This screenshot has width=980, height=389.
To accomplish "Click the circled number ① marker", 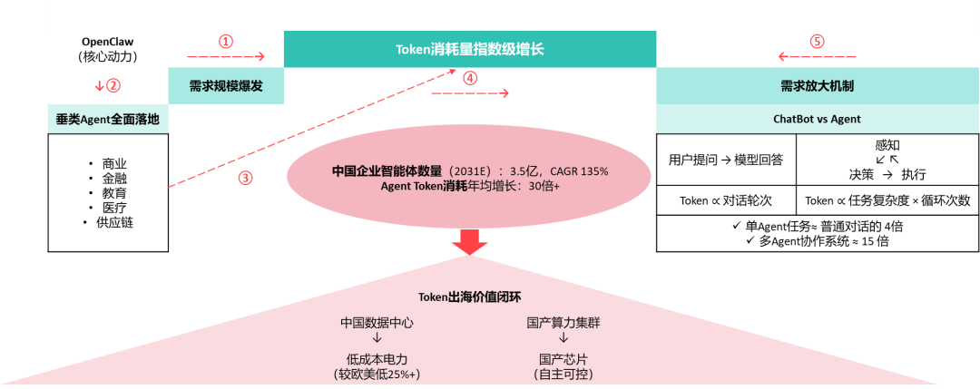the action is (226, 41).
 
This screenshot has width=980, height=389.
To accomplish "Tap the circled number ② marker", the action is (113, 85).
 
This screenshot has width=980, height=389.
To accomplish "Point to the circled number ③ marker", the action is (246, 178).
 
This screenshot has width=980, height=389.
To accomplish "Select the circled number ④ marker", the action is (470, 78).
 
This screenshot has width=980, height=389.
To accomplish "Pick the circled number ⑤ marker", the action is (817, 41).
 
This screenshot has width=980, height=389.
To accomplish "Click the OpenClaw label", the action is (108, 42).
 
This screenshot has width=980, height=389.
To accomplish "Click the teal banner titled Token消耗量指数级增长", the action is (470, 49).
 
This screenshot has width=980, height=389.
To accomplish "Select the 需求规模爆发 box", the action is (226, 86).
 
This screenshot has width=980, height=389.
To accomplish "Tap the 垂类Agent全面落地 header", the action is (108, 120).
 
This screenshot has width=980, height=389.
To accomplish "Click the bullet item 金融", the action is (114, 179).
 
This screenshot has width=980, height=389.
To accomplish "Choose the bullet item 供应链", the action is (114, 222).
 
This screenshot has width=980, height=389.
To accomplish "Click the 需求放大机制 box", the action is (817, 86).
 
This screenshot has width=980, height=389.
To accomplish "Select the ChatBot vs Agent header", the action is (817, 119).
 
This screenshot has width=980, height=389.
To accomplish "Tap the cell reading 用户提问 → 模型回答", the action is (726, 160).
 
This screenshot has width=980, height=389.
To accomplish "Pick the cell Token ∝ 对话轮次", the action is (726, 200).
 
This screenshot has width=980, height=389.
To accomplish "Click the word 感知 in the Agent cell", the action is (887, 145).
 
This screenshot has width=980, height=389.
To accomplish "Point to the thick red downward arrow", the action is (469, 242).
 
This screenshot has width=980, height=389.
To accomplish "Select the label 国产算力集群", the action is (563, 323).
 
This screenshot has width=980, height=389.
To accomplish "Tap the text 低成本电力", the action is (377, 360).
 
